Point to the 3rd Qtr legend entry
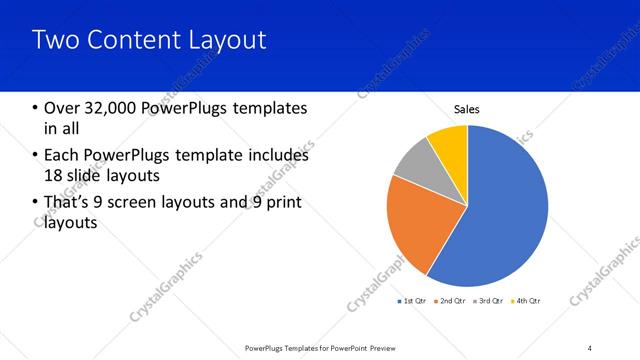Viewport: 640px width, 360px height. pos(489,300)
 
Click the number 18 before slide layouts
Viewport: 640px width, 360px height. pos(55,176)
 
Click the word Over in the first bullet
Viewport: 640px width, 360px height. pos(63,108)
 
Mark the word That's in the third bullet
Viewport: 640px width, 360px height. pos(71,203)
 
